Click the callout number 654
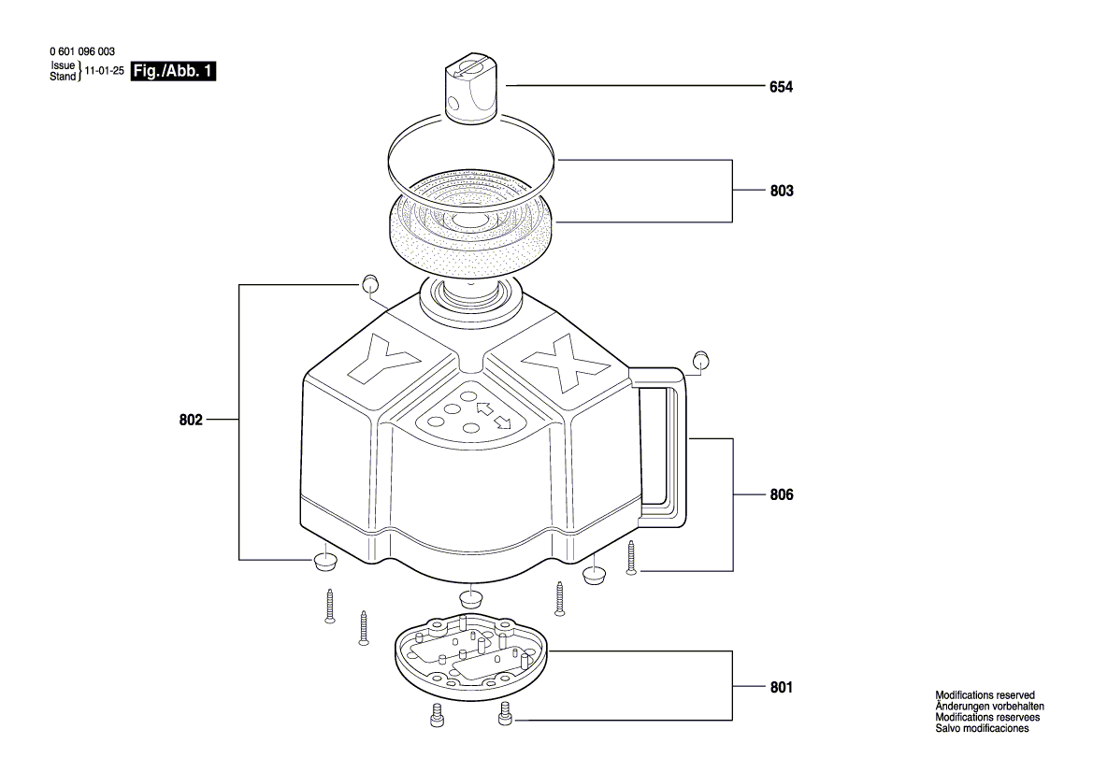781,87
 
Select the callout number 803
782,191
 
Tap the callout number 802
191,421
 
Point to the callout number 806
782,494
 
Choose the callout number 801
782,688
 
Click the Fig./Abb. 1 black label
174,71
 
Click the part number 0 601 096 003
82,51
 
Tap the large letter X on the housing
566,363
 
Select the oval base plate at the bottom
471,656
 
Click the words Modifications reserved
985,695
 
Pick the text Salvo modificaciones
982,728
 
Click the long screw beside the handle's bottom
631,557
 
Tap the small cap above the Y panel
370,283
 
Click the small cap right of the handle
701,361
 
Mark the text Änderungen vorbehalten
990,707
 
